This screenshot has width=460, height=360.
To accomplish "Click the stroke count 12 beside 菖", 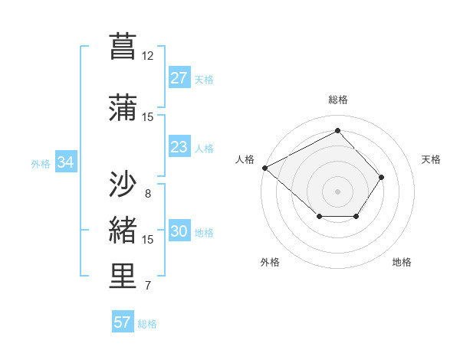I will (148, 56).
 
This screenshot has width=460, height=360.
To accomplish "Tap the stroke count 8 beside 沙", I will (148, 193).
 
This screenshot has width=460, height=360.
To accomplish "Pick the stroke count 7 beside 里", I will (148, 286).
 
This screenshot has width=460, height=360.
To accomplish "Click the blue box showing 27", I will (179, 78).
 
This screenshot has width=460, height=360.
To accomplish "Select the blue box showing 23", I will (179, 147).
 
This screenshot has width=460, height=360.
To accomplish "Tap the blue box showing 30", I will (179, 232).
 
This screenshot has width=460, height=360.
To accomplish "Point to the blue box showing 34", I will (66, 162).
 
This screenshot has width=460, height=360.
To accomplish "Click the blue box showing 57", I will (123, 322).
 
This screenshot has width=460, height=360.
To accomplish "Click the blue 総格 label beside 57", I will (148, 324).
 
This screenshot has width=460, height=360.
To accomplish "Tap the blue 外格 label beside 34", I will (41, 163).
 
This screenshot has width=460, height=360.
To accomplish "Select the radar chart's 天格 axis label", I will (432, 159).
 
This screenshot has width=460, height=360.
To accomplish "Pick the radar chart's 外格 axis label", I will (270, 263).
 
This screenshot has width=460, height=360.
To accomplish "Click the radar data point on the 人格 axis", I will (264, 168).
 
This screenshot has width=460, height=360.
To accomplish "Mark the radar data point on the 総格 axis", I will (337, 130).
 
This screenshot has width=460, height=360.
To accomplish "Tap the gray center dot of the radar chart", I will (337, 191).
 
